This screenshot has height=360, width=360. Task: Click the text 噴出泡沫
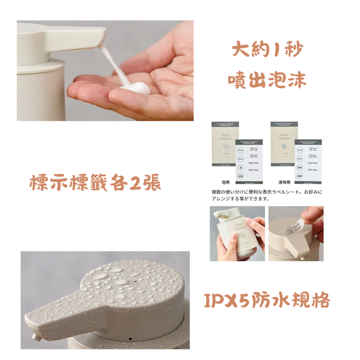point(267,80)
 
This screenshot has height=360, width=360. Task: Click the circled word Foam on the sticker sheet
point(240,149)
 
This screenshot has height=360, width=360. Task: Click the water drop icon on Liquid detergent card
point(284,148)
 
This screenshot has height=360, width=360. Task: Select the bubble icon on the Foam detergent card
point(224,148)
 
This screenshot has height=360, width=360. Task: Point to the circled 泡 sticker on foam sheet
point(240,167)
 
